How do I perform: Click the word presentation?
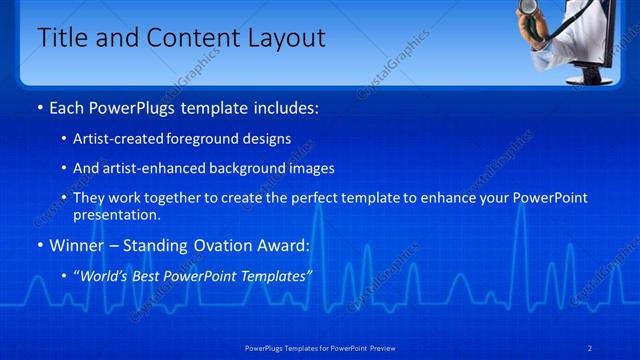pos(116,214)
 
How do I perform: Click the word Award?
pos(281,245)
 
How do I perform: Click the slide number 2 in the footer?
pos(590,347)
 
